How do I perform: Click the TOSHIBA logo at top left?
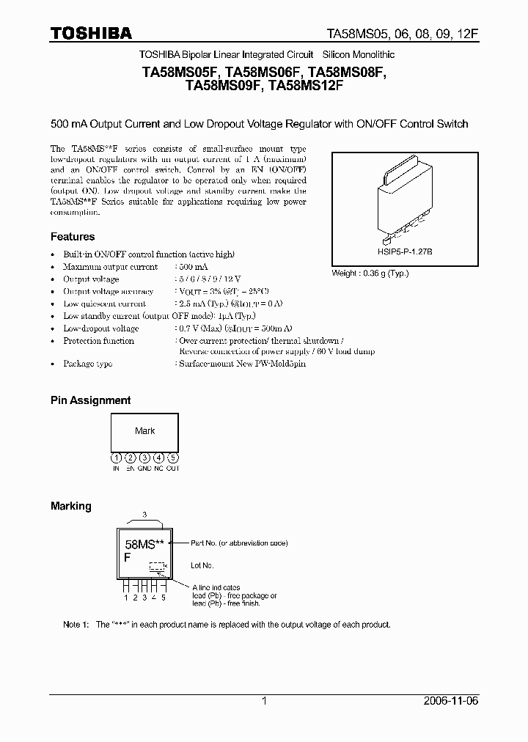[x=91, y=33]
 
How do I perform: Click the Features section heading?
[x=72, y=237]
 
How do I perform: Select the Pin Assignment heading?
[x=90, y=400]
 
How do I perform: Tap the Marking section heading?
[x=70, y=506]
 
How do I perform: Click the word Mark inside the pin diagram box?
[x=144, y=431]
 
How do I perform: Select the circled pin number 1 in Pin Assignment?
[x=116, y=458]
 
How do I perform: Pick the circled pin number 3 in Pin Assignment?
[x=144, y=458]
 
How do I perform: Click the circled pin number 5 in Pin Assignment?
[x=172, y=458]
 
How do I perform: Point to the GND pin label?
[x=144, y=468]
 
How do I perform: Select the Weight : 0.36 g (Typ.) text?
[x=370, y=273]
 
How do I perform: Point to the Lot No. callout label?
[x=202, y=565]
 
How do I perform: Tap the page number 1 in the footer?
[x=264, y=701]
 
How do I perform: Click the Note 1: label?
[x=76, y=625]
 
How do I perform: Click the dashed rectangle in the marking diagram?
[x=156, y=566]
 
